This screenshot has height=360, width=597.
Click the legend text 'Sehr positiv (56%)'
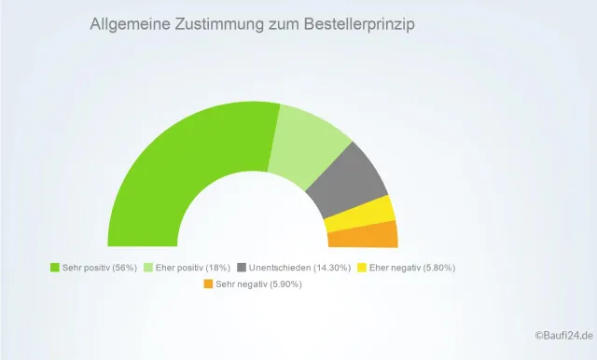(99, 268)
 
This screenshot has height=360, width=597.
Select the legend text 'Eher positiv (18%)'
(193, 268)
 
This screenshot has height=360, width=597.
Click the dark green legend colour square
(54, 268)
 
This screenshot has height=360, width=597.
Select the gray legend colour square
(243, 268)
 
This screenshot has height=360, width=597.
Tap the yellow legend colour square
(361, 268)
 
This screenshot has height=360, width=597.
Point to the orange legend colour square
(208, 284)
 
